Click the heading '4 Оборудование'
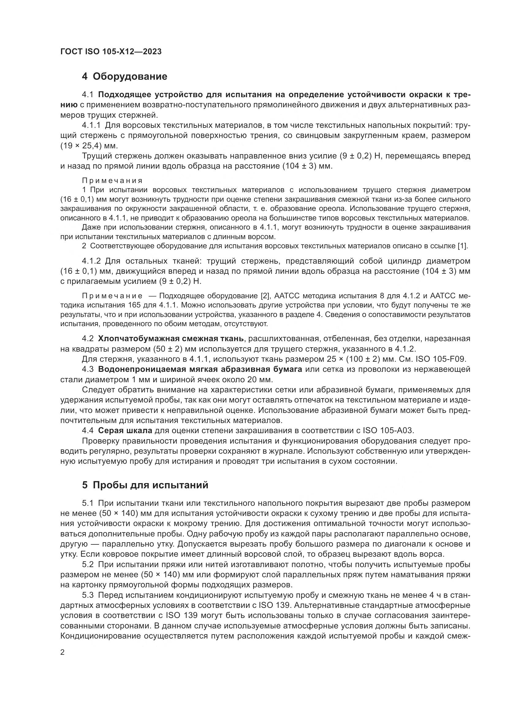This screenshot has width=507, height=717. click(124, 77)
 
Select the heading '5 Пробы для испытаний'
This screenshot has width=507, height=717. click(145, 485)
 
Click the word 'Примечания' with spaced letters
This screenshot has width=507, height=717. click(112, 181)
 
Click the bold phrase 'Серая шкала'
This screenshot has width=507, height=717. click(125, 431)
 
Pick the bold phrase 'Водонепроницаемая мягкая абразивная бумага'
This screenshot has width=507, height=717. click(200, 369)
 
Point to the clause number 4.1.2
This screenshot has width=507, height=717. click(91, 261)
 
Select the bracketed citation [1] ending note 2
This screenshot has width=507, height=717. click(462, 246)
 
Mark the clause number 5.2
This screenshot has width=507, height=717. click(88, 565)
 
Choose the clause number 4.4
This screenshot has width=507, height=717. click(88, 431)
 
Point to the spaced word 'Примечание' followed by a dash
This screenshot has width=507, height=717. click(112, 296)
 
